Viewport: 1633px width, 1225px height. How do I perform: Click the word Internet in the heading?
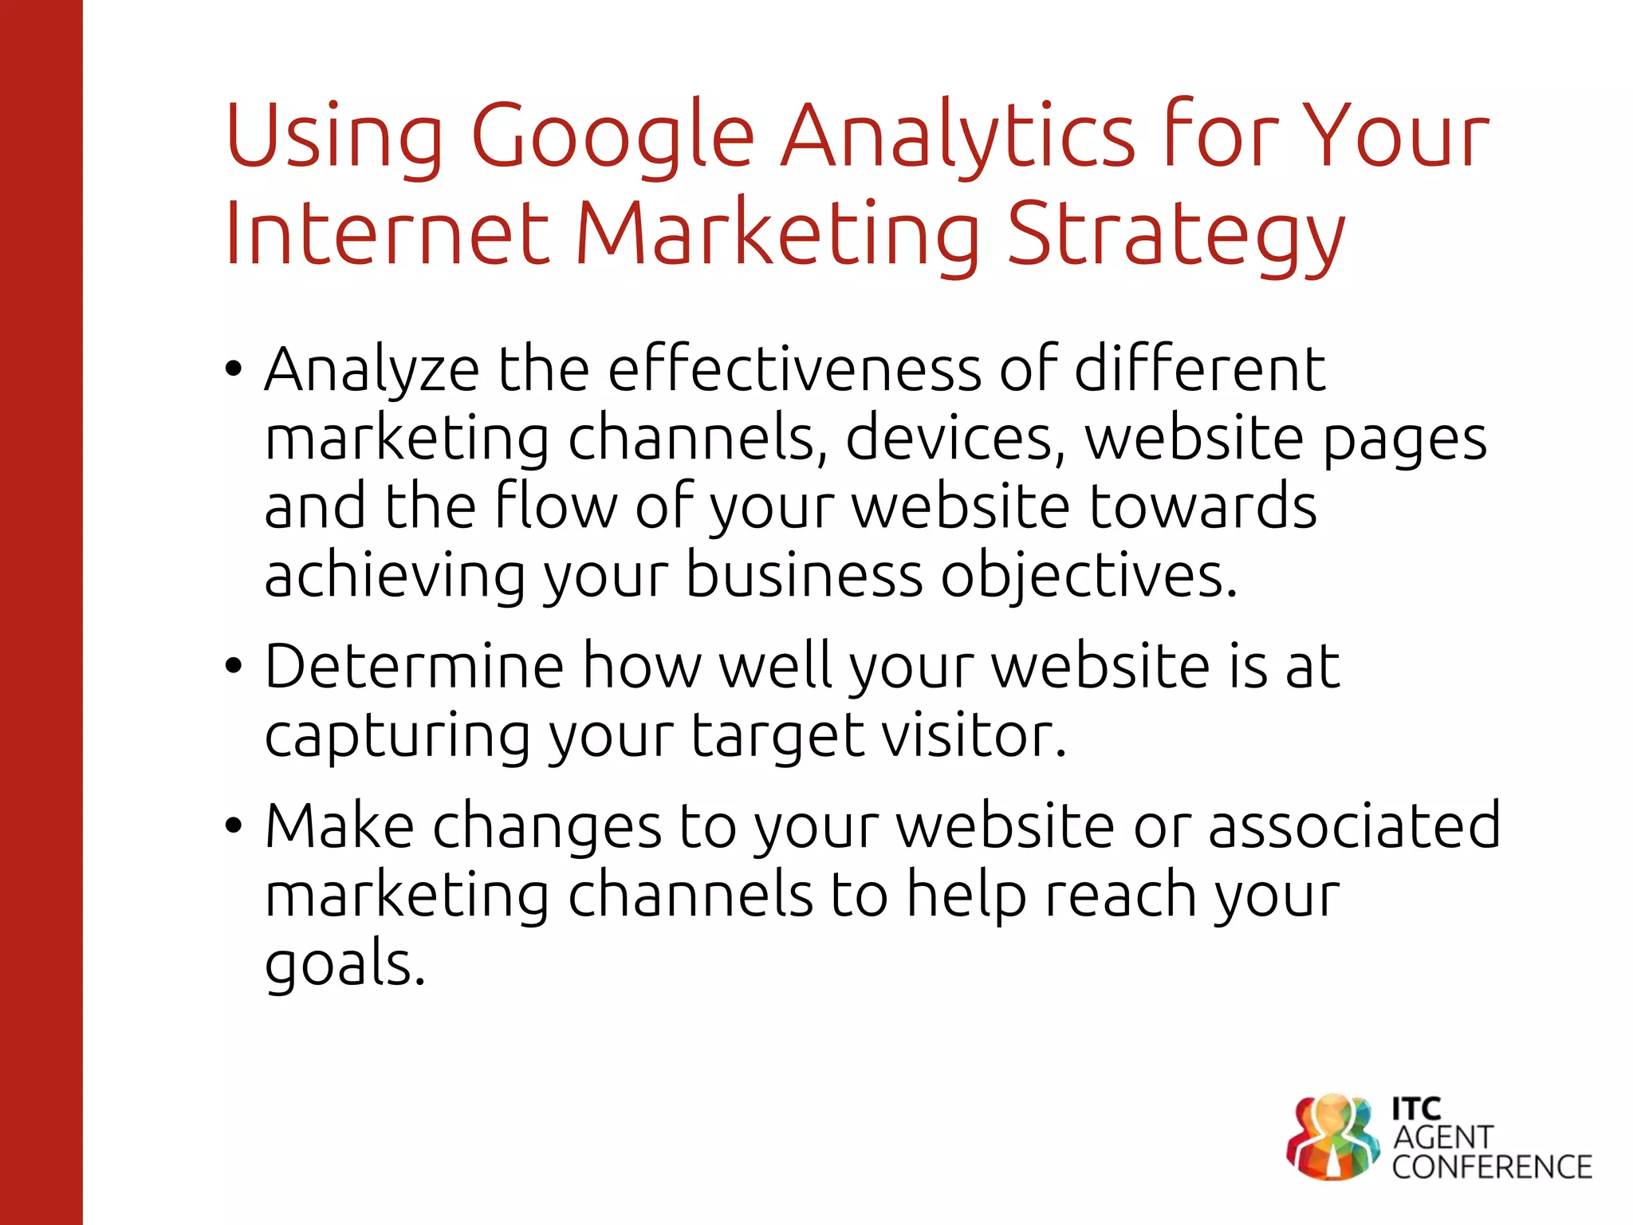point(388,233)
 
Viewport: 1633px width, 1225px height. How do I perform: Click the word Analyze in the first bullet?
point(372,371)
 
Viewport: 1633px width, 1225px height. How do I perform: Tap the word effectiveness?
point(794,369)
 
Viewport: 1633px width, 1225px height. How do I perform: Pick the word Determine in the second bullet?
point(414,666)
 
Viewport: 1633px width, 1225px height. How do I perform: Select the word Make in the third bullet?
point(340,825)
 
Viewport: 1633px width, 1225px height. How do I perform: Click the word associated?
point(1354,825)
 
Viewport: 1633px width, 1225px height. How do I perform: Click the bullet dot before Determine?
point(233,666)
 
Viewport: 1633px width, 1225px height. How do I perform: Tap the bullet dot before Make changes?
point(233,825)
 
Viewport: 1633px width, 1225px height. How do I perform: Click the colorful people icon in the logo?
point(1332,1137)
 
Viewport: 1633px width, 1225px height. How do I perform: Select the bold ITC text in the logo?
point(1416,1109)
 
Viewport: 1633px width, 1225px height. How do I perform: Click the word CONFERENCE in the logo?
point(1491,1168)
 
